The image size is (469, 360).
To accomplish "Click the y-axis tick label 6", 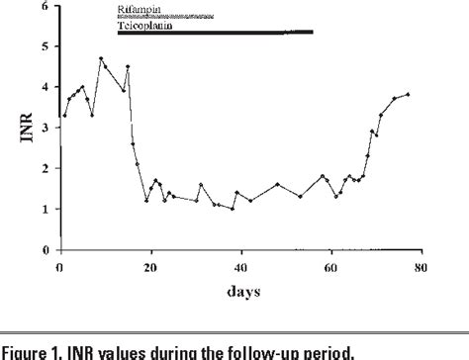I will (x=46, y=5).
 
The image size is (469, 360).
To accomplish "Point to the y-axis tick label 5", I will (x=46, y=45).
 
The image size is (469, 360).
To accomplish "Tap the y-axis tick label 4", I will (x=46, y=87).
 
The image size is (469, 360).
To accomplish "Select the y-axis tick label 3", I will (x=46, y=128).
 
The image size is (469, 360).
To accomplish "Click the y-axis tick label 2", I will (x=46, y=168).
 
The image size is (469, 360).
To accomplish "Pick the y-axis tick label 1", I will (x=46, y=210).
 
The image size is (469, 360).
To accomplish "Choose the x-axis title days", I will (x=240, y=290).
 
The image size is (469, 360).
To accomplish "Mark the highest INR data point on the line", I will (x=101, y=58).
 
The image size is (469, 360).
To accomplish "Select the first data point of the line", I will (x=64, y=116).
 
